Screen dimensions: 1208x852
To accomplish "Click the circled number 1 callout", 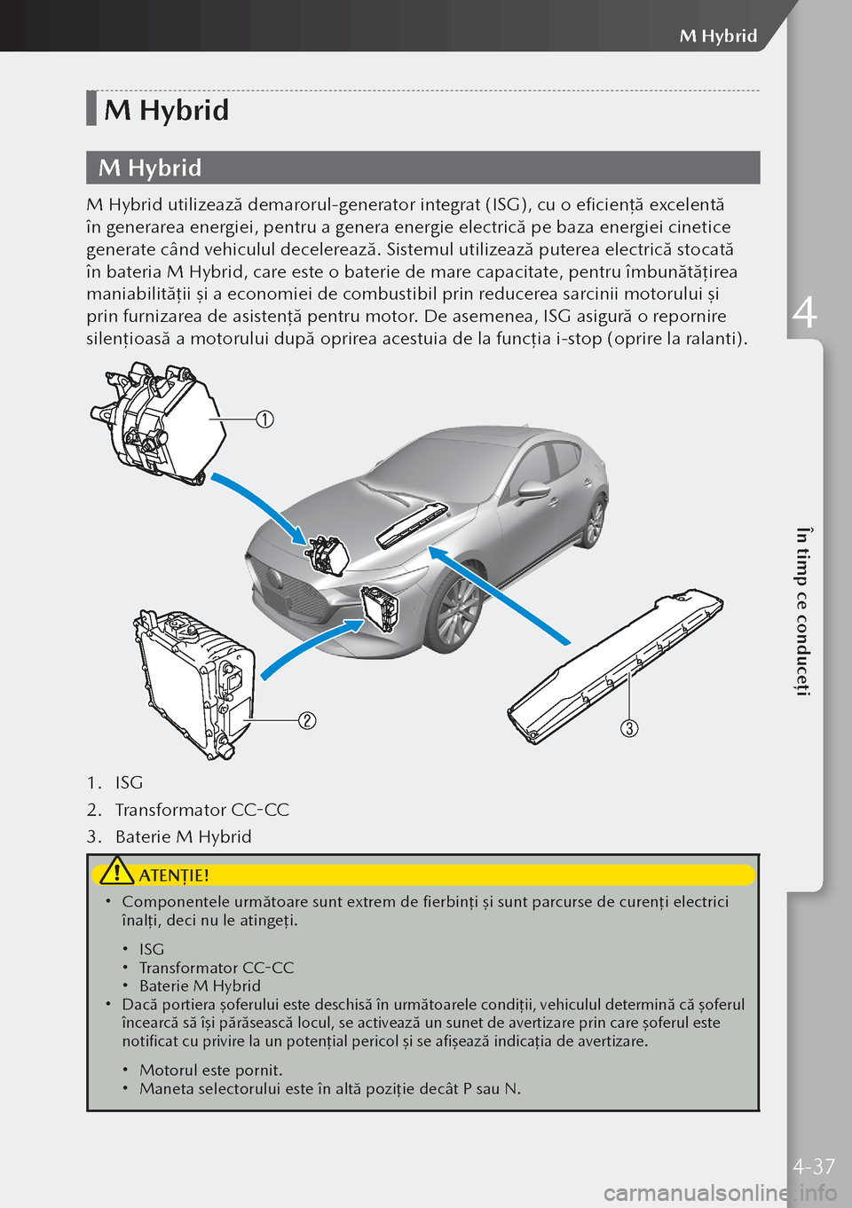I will pyautogui.click(x=264, y=419).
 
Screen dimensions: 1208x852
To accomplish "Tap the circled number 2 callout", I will pyautogui.click(x=306, y=720).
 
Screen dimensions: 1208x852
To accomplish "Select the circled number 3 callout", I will pyautogui.click(x=628, y=728).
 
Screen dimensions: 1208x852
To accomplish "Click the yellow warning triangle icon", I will pyautogui.click(x=116, y=873).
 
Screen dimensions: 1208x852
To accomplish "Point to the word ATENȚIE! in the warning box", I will pyautogui.click(x=174, y=875).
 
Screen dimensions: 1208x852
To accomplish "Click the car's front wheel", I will pyautogui.click(x=457, y=613).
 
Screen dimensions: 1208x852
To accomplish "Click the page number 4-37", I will pyautogui.click(x=814, y=1166).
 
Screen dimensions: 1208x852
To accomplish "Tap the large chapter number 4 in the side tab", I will pyautogui.click(x=804, y=313).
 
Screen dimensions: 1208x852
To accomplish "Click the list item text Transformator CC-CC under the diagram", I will pyautogui.click(x=201, y=810).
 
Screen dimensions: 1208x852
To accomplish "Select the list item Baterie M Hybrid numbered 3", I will pyautogui.click(x=183, y=836).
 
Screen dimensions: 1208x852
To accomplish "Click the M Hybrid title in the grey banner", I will pyautogui.click(x=150, y=168).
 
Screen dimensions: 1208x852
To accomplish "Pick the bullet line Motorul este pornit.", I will pyautogui.click(x=210, y=1070).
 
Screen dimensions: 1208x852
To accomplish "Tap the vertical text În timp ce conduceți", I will pyautogui.click(x=802, y=611).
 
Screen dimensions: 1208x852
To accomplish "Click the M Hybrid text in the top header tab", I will pyautogui.click(x=718, y=35).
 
